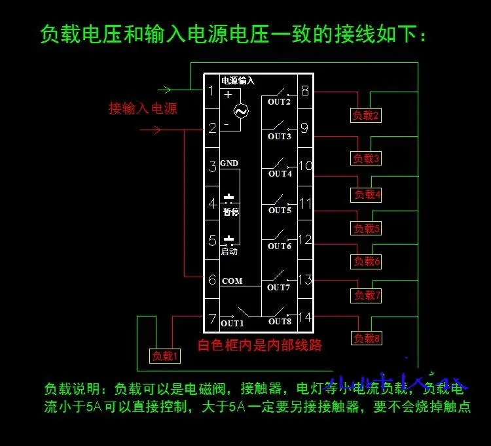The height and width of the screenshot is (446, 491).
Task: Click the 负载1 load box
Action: (x=166, y=356)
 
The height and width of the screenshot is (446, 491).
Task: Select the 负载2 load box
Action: (x=366, y=116)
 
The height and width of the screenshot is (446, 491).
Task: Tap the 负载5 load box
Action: (x=367, y=229)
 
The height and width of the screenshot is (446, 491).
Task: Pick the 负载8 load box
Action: (x=367, y=339)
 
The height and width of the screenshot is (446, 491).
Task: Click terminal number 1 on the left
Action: (x=211, y=91)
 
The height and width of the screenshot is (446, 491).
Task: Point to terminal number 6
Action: (x=211, y=279)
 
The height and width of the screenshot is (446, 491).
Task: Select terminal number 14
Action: (x=304, y=317)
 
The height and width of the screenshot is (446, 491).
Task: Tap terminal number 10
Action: (x=305, y=165)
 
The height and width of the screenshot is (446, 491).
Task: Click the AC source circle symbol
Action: (x=241, y=111)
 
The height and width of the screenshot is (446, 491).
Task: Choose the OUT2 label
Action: (x=279, y=102)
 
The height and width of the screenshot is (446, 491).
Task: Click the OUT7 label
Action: (x=279, y=287)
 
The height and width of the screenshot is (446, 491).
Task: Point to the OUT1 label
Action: (x=232, y=323)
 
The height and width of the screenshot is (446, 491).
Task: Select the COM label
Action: (x=232, y=281)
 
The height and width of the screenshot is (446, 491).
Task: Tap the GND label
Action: (x=229, y=163)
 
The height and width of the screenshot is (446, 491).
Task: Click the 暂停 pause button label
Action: (x=230, y=211)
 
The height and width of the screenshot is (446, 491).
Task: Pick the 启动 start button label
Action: (x=229, y=251)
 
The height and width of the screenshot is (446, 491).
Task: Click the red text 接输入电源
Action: (x=143, y=109)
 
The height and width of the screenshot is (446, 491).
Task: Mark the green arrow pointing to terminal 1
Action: (x=166, y=90)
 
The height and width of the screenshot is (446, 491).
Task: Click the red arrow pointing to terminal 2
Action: (x=152, y=130)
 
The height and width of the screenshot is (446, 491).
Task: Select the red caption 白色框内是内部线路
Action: (x=260, y=345)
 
